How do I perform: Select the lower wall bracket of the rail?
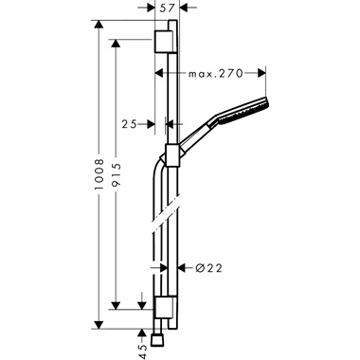[163, 305]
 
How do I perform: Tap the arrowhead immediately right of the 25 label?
[161, 123]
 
